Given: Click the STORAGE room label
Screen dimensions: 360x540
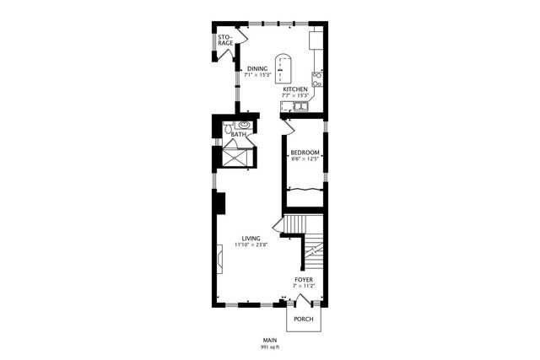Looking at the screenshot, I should [224, 40].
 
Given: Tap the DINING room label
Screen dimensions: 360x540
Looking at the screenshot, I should [257, 68].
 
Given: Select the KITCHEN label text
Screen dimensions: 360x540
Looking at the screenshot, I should [294, 89].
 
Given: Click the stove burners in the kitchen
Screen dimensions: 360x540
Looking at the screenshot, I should [317, 80].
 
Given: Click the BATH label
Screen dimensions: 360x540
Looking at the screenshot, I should [239, 134].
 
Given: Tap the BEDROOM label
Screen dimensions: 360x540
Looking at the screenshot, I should [304, 153].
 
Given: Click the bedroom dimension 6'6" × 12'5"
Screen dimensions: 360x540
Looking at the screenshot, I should [304, 159].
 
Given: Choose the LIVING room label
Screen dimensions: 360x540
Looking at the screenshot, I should [251, 239].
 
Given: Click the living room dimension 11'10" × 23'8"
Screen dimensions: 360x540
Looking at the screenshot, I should [251, 245].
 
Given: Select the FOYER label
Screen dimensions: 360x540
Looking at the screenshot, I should [304, 279].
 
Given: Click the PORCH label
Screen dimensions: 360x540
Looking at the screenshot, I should [303, 320].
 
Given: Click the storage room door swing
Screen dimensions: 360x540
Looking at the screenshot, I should [241, 38].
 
